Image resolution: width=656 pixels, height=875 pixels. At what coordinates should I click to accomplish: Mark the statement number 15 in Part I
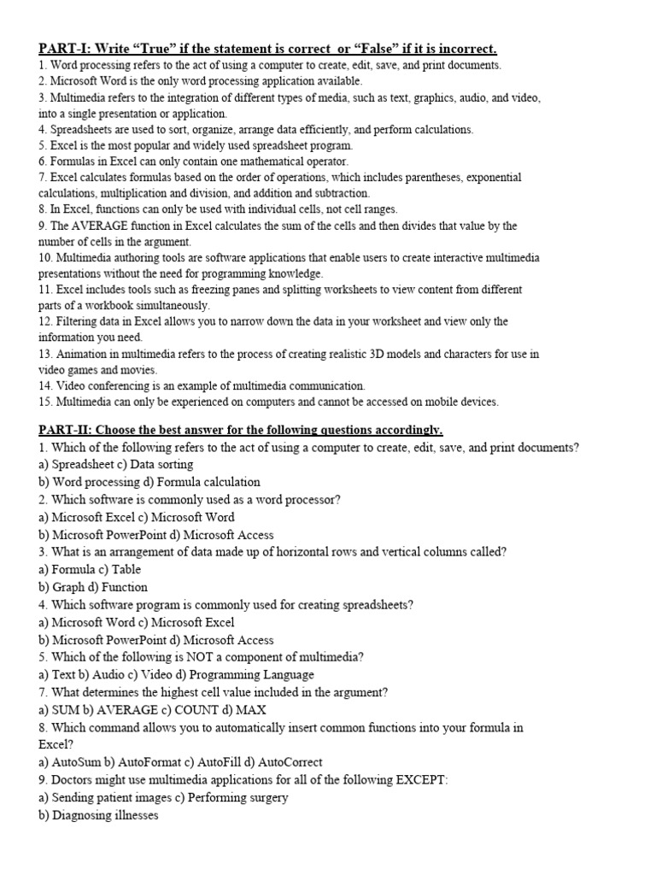45,402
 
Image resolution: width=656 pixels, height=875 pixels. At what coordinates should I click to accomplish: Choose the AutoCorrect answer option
284,762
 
